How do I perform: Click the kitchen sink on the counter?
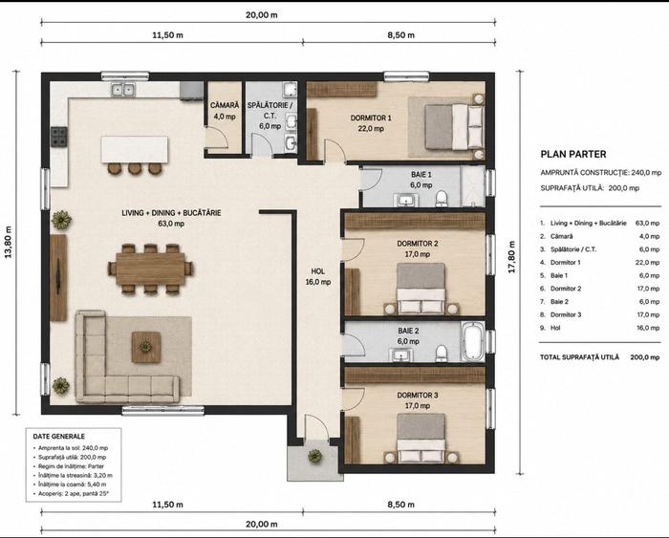click(123, 90)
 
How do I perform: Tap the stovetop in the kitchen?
click(59, 137)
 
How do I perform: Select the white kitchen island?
click(135, 149)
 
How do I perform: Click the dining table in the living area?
click(150, 269)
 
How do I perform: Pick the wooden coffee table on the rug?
click(146, 347)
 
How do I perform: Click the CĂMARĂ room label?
click(225, 105)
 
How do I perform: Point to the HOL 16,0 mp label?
click(318, 276)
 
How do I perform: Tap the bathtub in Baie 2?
click(472, 341)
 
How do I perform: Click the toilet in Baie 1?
click(442, 200)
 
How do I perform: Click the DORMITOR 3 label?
click(418, 396)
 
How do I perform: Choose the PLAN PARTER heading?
click(573, 155)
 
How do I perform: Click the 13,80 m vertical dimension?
click(8, 242)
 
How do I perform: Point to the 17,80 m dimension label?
click(512, 257)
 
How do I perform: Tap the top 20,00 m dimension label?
click(262, 15)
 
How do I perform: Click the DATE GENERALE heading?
click(59, 437)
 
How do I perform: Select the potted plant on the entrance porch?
click(314, 457)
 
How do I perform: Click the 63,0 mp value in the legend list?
click(647, 224)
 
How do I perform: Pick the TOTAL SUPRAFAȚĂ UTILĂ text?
click(579, 357)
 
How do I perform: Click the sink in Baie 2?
click(399, 355)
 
